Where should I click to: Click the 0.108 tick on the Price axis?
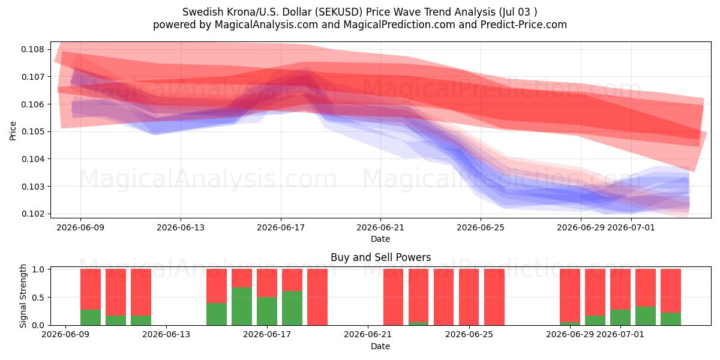click(x=32, y=49)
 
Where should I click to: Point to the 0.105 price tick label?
click(x=32, y=132)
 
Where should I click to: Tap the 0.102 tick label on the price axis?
click(x=32, y=214)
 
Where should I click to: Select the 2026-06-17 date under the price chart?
click(x=281, y=227)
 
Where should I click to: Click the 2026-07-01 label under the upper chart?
click(x=631, y=227)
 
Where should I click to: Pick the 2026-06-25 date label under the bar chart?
click(x=469, y=335)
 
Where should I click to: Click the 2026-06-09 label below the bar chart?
click(x=65, y=335)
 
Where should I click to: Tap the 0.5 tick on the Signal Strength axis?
click(x=38, y=298)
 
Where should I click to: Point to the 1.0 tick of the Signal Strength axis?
click(x=38, y=269)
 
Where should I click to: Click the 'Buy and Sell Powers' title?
click(x=380, y=257)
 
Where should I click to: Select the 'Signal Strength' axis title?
click(x=23, y=296)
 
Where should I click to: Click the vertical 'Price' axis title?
click(x=13, y=131)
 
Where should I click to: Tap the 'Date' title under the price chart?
click(x=380, y=239)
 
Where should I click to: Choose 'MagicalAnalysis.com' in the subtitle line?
click(x=266, y=25)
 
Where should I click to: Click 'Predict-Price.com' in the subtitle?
click(x=524, y=25)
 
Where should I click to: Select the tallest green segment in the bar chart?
click(x=242, y=307)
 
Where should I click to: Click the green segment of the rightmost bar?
click(x=671, y=319)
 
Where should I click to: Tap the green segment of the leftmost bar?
click(x=91, y=317)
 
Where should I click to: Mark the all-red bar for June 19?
click(x=317, y=298)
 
